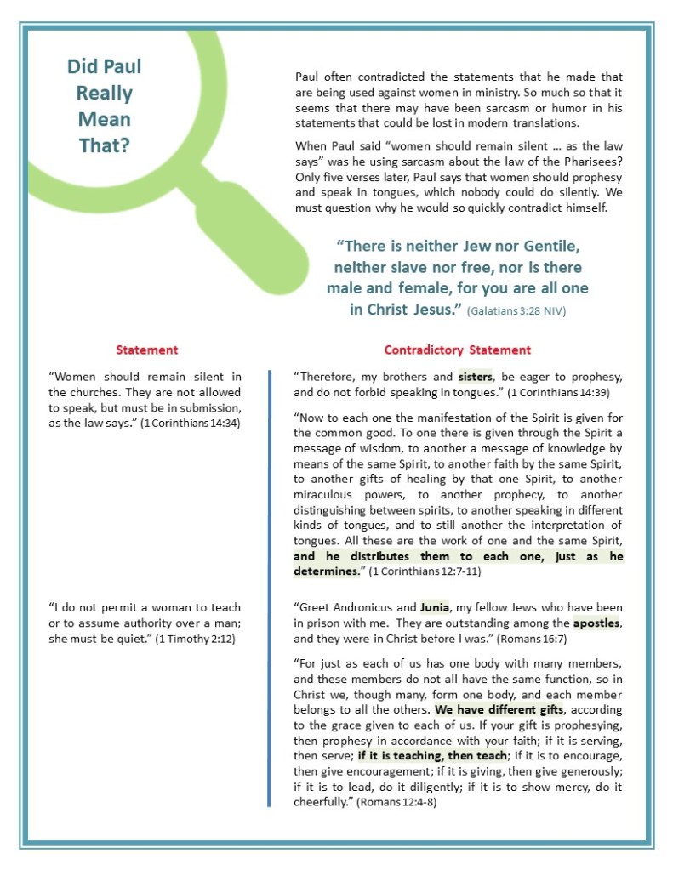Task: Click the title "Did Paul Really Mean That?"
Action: [x=104, y=105]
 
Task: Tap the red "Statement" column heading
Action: [x=147, y=350]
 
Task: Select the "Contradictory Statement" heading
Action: [x=457, y=350]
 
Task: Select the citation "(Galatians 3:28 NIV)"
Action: [x=516, y=311]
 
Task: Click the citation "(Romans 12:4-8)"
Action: [x=396, y=802]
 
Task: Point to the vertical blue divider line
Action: [x=269, y=587]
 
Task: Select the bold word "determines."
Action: [x=327, y=571]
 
